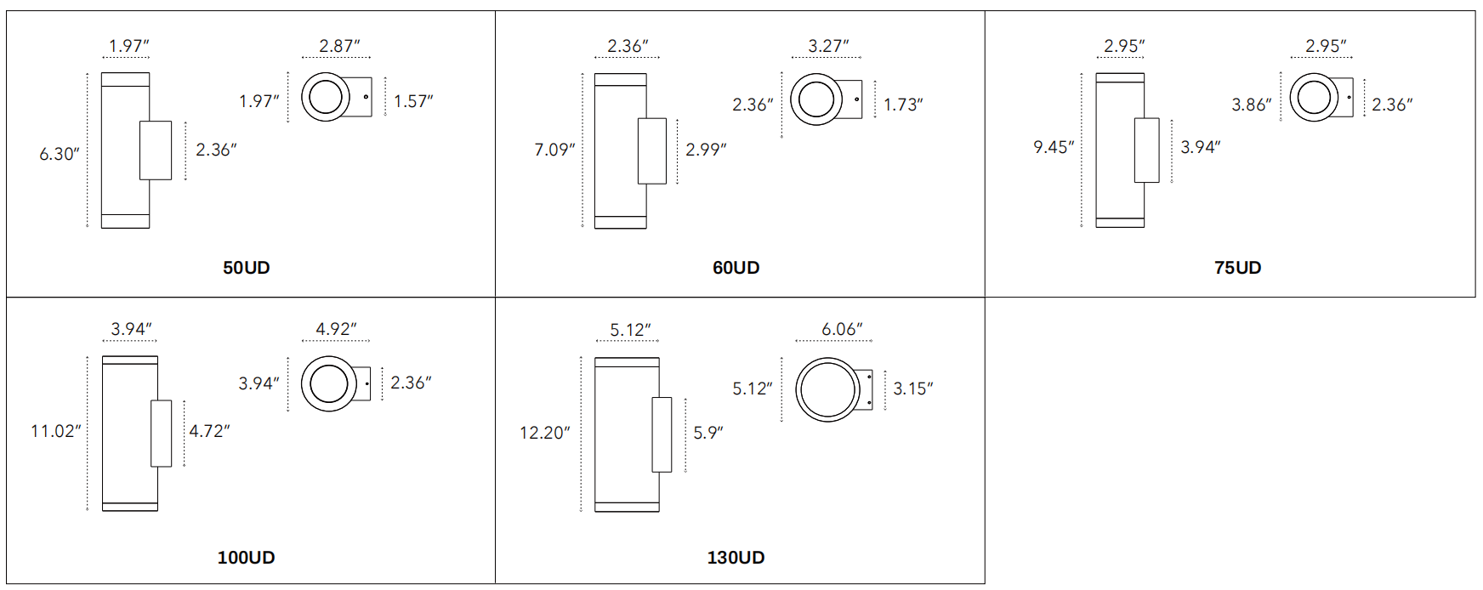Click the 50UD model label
pos(247,268)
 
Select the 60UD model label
pos(736,268)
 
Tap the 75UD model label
pos(1238,268)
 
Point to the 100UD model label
pos(247,558)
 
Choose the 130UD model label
pos(736,558)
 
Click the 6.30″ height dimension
pos(60,154)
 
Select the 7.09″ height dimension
pos(554,150)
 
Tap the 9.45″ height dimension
pos(1054,147)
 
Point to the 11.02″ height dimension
pos(56,431)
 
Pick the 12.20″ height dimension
pos(545,433)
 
